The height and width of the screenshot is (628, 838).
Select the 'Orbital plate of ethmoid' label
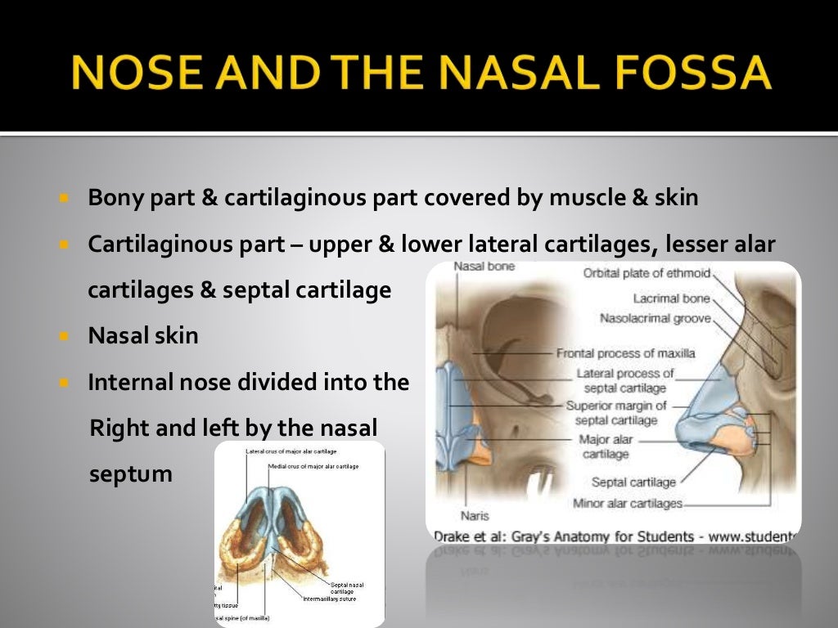(647, 273)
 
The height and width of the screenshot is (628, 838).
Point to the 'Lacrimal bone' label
(671, 298)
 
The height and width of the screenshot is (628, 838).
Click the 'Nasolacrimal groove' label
(655, 318)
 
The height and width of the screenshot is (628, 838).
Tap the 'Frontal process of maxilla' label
(625, 353)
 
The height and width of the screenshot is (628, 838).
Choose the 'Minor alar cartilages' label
(628, 504)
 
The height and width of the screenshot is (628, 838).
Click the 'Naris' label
(475, 516)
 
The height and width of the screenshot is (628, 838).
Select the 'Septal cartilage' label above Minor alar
(633, 482)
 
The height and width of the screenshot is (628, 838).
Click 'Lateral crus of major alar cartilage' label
(291, 451)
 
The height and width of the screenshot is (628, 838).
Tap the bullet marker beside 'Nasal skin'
(65, 336)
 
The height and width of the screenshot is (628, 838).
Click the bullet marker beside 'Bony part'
(65, 199)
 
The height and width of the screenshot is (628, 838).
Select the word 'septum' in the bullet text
(130, 473)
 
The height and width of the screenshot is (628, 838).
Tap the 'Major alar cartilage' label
(606, 446)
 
